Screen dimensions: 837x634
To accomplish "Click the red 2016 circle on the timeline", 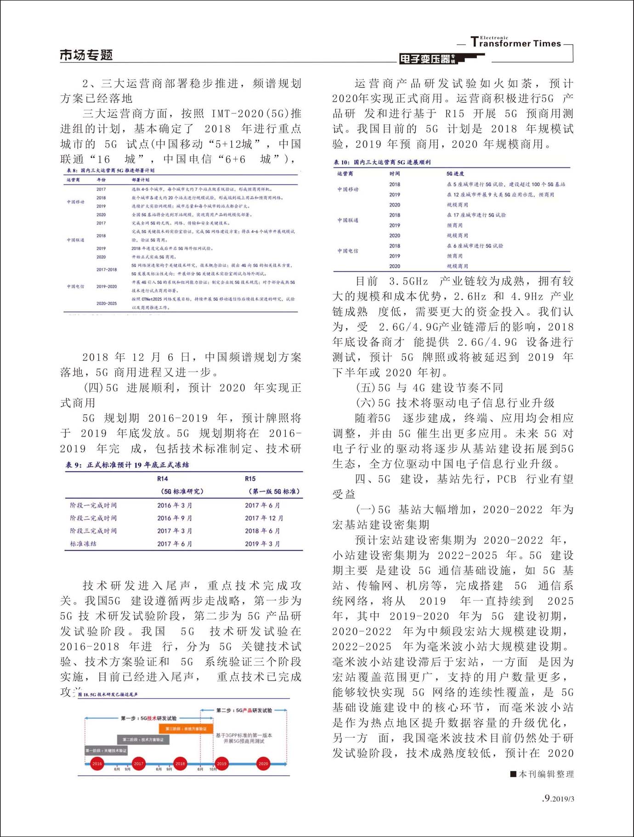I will click(x=97, y=763).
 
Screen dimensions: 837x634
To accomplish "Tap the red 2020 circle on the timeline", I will click(x=263, y=763).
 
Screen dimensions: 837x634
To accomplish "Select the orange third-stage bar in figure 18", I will click(x=183, y=728).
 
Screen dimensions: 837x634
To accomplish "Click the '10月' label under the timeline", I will click(x=213, y=769).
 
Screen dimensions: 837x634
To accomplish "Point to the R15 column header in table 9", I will click(x=250, y=479).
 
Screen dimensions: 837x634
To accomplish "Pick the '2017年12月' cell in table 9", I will click(x=264, y=518).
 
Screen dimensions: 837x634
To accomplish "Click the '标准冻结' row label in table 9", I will click(x=83, y=544).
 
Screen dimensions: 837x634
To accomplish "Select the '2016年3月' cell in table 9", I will click(x=175, y=505).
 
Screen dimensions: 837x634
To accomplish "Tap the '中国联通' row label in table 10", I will click(x=348, y=220).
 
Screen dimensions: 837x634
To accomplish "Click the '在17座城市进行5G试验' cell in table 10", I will click(x=476, y=215).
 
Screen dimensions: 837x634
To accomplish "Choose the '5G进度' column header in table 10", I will click(x=455, y=174).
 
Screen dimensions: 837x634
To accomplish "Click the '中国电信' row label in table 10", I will click(x=348, y=251).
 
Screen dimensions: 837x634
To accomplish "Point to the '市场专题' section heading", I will click(x=86, y=55).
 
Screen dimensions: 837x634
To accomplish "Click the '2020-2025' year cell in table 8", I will click(x=107, y=304).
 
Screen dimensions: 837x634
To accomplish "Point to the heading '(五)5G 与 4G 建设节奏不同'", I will click(x=430, y=388).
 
